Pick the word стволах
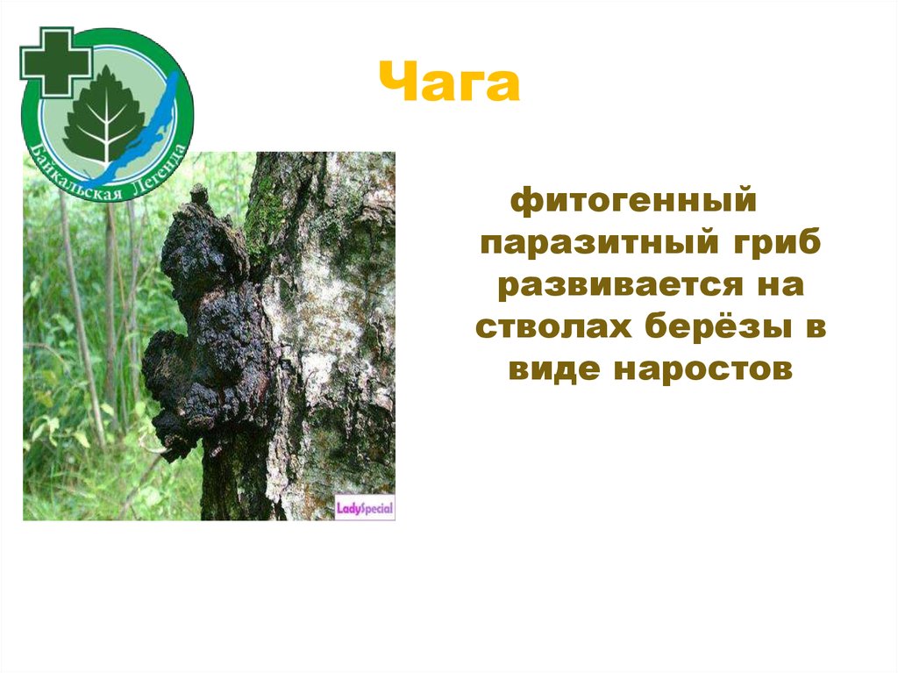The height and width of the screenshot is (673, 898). coord(544,328)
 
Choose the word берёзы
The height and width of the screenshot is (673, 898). coord(702,328)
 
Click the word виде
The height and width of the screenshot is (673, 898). coord(552,369)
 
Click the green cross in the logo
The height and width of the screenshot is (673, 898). coord(55,61)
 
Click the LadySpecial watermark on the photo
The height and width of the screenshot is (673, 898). coord(365,507)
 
